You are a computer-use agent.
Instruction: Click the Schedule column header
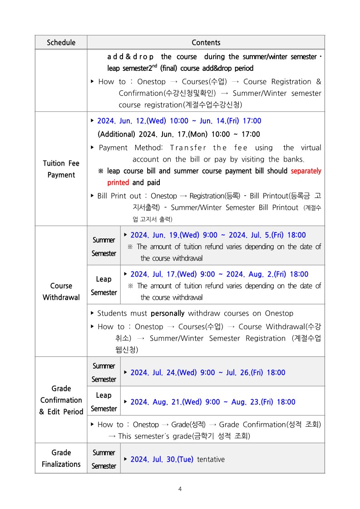point(61,43)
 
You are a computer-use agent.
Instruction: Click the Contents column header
point(206,43)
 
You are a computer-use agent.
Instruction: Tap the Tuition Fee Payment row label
point(61,169)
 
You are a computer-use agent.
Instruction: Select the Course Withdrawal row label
point(61,292)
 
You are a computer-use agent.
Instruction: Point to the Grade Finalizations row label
point(61,458)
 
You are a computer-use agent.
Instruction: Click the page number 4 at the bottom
point(180,489)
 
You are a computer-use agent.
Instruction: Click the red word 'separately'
point(306,171)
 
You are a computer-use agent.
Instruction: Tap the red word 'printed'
point(118,183)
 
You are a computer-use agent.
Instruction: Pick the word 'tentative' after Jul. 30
point(211,459)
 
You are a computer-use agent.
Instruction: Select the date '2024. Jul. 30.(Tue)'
point(162,459)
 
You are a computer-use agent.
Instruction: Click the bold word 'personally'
point(168,313)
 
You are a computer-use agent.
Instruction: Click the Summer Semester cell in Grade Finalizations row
point(104,459)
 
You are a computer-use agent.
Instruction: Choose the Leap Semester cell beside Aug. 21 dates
point(104,402)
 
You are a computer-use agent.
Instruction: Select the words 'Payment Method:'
point(131,148)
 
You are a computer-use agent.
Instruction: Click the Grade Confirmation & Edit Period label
point(61,400)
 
